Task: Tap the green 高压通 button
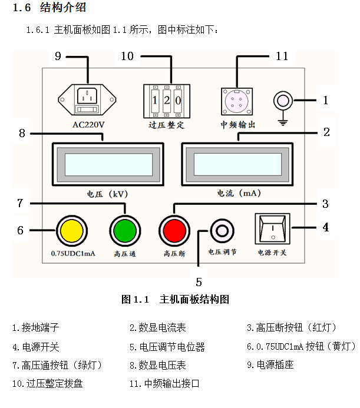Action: (x=124, y=230)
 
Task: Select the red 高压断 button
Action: (x=174, y=230)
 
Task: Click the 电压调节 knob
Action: (x=222, y=230)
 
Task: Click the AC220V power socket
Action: (x=88, y=98)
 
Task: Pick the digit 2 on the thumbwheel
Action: (x=167, y=99)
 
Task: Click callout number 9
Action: (x=58, y=57)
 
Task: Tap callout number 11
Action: (x=282, y=57)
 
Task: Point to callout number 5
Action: (x=199, y=281)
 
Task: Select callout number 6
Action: (x=20, y=230)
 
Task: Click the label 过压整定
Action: (x=167, y=125)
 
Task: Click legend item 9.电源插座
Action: (x=270, y=365)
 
